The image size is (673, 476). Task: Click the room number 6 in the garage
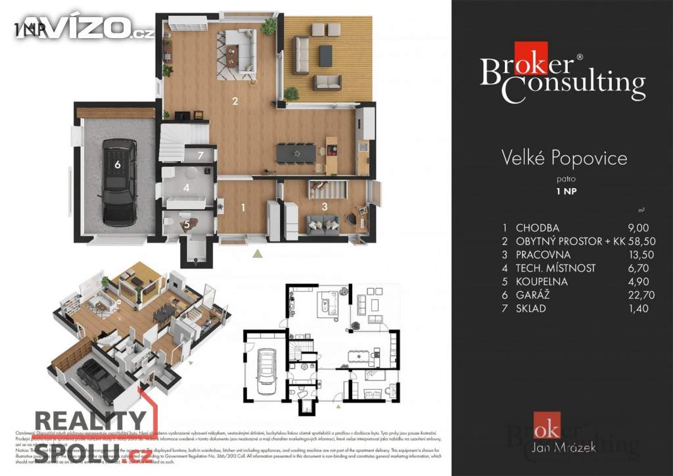click(118, 165)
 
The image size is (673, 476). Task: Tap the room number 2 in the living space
click(235, 101)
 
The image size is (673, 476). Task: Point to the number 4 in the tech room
click(187, 188)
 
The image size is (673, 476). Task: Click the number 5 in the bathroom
click(187, 224)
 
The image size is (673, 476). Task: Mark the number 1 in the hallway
click(243, 208)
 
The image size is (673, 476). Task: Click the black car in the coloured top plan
click(118, 182)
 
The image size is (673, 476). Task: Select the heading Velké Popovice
click(564, 158)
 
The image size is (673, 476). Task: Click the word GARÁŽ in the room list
click(532, 295)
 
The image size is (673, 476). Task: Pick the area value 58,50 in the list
click(625, 241)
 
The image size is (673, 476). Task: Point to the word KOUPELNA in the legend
click(542, 281)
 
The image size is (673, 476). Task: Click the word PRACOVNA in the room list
click(544, 254)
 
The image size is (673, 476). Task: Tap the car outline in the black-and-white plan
click(266, 370)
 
